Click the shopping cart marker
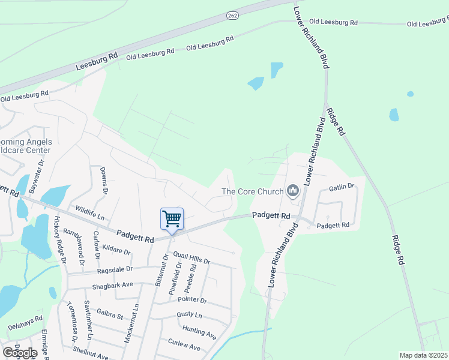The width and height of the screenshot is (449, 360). pyautogui.click(x=172, y=219)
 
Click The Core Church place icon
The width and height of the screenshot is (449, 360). pyautogui.click(x=293, y=191)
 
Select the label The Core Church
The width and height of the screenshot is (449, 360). pyautogui.click(x=252, y=191)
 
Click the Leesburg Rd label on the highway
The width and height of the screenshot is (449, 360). pyautogui.click(x=97, y=61)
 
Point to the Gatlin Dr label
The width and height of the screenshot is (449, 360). pyautogui.click(x=342, y=188)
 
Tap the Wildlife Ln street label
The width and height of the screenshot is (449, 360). pyautogui.click(x=89, y=212)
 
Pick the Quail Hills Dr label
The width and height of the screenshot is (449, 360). pyautogui.click(x=191, y=258)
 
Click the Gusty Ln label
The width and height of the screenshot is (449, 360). pyautogui.click(x=190, y=314)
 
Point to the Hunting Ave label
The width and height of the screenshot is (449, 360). pyautogui.click(x=199, y=331)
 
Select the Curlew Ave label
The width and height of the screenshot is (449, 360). pyautogui.click(x=184, y=347)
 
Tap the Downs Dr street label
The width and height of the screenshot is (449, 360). pyautogui.click(x=104, y=180)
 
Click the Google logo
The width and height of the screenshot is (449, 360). pyautogui.click(x=20, y=352)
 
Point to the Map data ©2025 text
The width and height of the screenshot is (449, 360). pyautogui.click(x=423, y=355)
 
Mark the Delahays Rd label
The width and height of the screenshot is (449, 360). pyautogui.click(x=25, y=326)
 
